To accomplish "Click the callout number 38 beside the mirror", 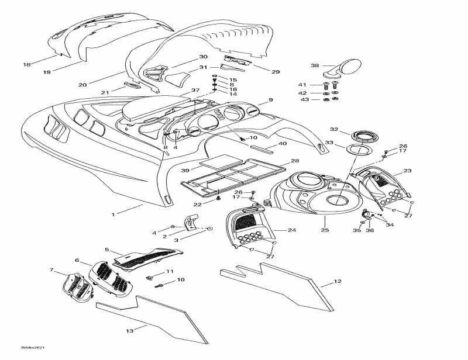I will (315, 66).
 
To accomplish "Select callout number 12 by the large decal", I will (337, 282).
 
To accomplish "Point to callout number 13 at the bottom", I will (129, 331).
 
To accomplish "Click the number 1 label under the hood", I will (113, 214).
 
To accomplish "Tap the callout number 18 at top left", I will (26, 64).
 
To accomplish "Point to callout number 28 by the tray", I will (295, 161).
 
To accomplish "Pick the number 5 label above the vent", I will (108, 250).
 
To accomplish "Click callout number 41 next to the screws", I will (302, 85).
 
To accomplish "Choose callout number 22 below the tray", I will (198, 204).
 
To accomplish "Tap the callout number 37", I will (195, 91).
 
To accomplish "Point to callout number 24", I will (291, 230).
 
